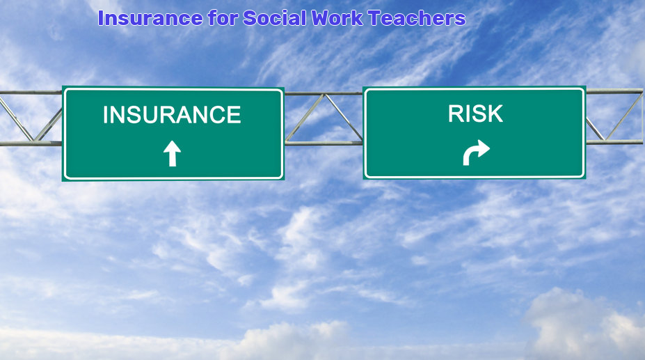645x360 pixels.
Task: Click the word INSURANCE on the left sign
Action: (x=172, y=114)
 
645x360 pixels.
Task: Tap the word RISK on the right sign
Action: (x=475, y=114)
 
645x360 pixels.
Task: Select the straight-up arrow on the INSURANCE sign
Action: (x=172, y=153)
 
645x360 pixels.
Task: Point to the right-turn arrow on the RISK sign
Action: (x=476, y=152)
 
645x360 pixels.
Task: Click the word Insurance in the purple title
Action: (x=150, y=18)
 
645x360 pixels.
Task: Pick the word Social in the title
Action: (x=275, y=18)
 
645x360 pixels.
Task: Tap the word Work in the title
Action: (x=337, y=18)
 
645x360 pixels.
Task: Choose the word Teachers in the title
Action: (x=417, y=18)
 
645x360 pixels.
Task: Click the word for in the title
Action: (x=223, y=18)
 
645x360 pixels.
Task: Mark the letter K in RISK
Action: (x=495, y=114)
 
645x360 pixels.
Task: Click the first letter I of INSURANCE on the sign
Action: (x=105, y=114)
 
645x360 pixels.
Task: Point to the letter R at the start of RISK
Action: (x=455, y=114)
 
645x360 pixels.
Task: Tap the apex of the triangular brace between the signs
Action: (x=325, y=95)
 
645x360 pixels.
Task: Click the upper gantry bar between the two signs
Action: (x=324, y=93)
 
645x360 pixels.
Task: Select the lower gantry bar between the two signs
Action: (x=324, y=143)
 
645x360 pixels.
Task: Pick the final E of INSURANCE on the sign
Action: (x=234, y=114)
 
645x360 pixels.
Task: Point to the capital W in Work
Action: (x=321, y=18)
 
